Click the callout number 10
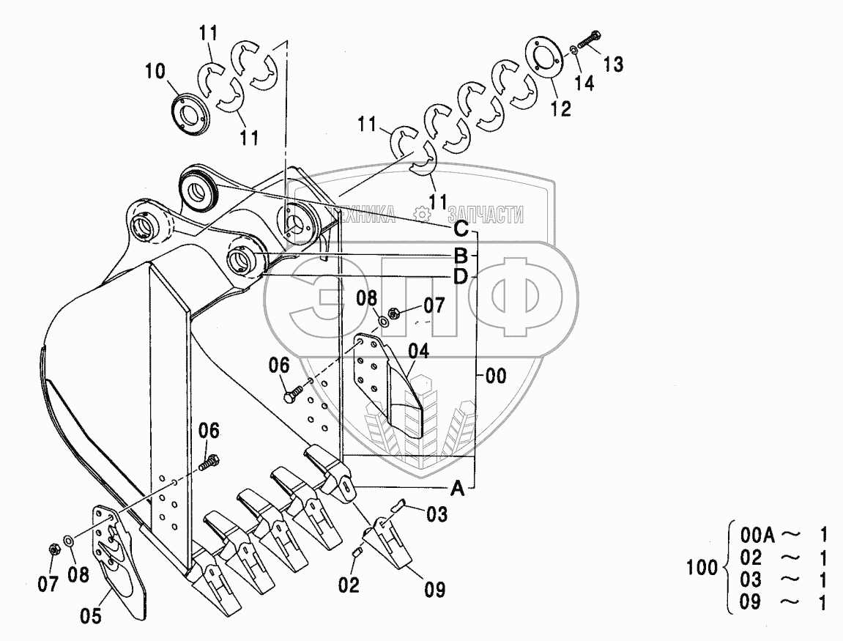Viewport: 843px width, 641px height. click(x=155, y=72)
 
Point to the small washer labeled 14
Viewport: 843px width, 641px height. click(x=573, y=50)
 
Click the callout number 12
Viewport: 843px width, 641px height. click(x=560, y=108)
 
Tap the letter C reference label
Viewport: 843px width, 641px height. click(x=461, y=229)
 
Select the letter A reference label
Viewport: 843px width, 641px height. click(x=457, y=489)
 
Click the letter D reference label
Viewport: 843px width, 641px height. click(x=460, y=276)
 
